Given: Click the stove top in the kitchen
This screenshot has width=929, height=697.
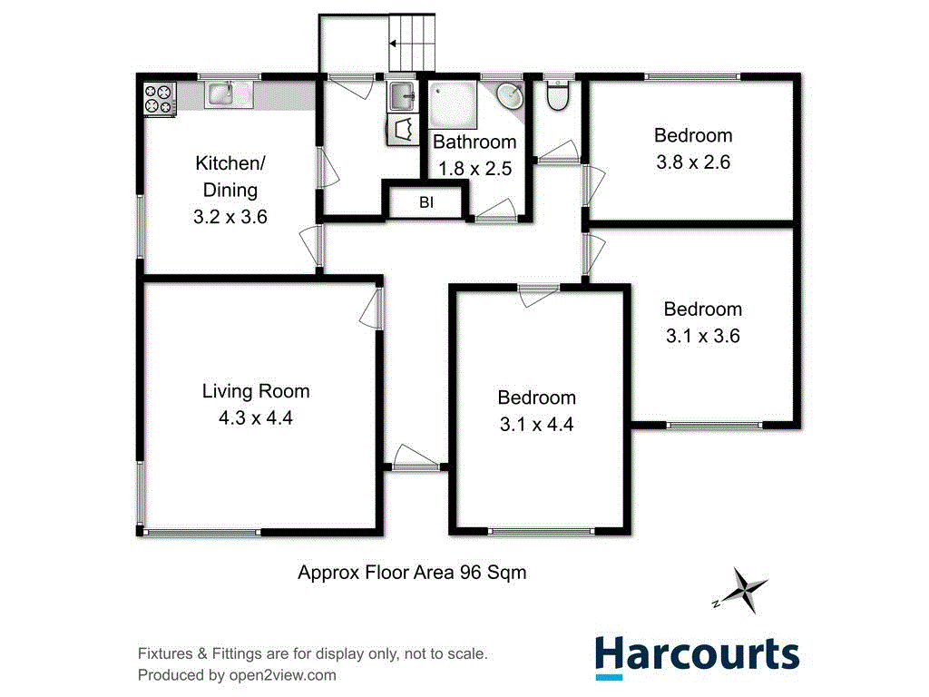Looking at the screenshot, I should coord(160,98).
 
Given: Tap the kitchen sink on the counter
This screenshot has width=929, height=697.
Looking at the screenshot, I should coord(221,93).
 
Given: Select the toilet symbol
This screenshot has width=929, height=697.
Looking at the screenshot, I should coord(558,95).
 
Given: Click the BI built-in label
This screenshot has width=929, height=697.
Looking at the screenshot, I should coord(426,202).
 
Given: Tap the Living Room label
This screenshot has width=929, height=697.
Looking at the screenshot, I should coord(256,391).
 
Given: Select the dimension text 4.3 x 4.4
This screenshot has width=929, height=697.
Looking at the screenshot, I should coord(256,418).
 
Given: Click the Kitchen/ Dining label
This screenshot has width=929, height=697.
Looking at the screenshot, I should coord(230,176).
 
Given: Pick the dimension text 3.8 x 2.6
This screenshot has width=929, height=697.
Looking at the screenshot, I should coord(693,163).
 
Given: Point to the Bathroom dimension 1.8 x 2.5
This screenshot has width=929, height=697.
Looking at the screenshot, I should coord(474,168).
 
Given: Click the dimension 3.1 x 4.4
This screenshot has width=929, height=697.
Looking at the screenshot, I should coord(536,425).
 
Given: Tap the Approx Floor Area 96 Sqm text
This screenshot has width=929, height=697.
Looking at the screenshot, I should coord(413,573).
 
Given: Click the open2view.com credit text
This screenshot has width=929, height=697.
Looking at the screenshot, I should coord(236,675).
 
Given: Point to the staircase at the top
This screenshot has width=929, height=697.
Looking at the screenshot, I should coord(414,42).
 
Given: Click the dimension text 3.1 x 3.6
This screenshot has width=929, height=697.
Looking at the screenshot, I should coord(702,336).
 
